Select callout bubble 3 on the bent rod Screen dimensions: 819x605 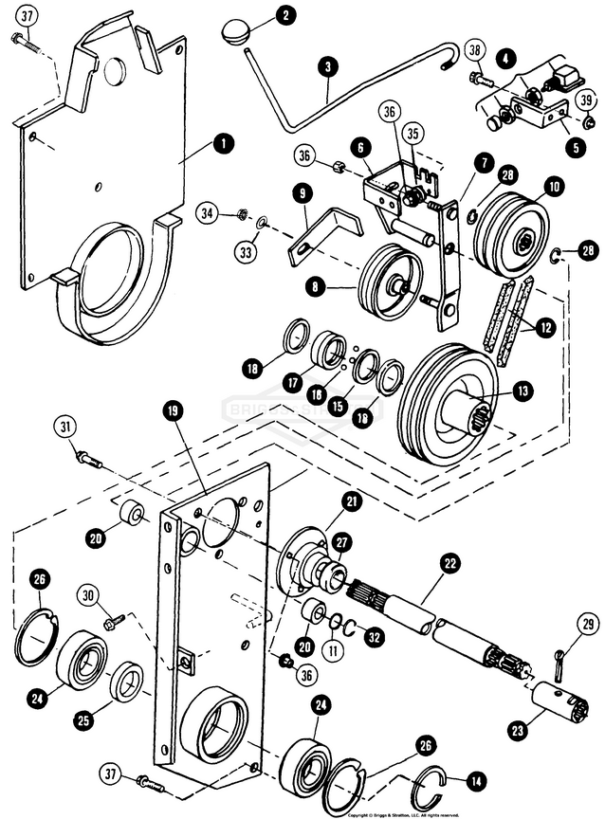coord(328,67)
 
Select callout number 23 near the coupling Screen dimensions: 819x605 coord(516,731)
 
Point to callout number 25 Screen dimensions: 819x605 coord(84,720)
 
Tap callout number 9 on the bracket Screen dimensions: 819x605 coord(302,192)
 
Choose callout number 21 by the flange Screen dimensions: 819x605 coord(352,501)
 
